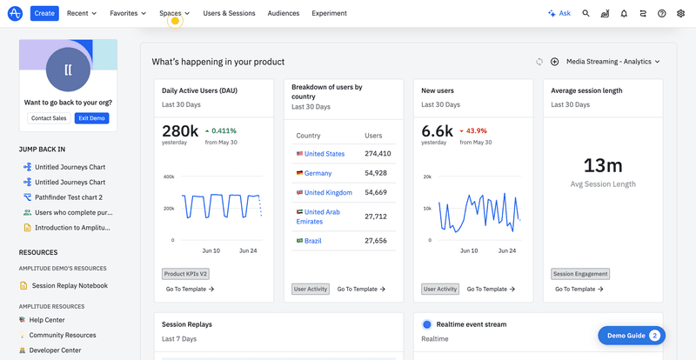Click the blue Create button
tap(44, 13)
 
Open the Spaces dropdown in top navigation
tap(174, 13)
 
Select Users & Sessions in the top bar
tap(229, 13)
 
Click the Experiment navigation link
tap(329, 13)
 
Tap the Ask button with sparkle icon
tap(559, 13)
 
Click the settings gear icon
tap(680, 13)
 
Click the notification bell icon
tap(624, 13)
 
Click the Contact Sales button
tap(49, 118)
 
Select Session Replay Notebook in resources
tap(70, 285)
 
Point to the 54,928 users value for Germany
tap(378, 173)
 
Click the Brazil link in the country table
tap(314, 241)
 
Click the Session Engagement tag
tap(580, 274)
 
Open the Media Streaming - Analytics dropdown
tap(612, 62)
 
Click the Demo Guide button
tap(631, 335)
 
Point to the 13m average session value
tap(602, 166)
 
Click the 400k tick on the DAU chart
tap(169, 177)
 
